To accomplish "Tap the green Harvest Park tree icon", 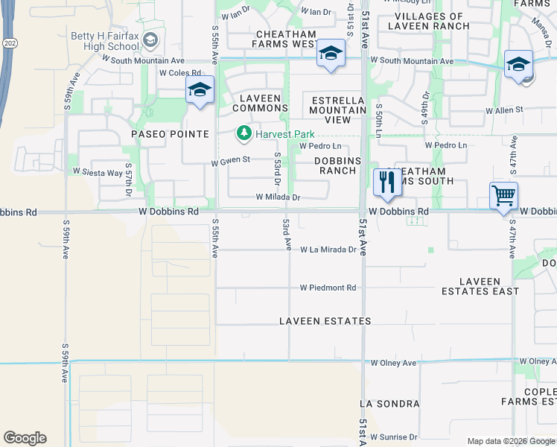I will [x=244, y=134].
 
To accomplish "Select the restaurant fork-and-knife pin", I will [x=386, y=183].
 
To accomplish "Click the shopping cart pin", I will [x=504, y=196].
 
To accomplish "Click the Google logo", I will [x=25, y=438].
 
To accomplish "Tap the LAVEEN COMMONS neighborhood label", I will [x=260, y=103].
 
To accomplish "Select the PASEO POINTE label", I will [x=170, y=134].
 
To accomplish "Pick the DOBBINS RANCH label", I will [x=338, y=165].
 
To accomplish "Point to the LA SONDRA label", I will [x=389, y=404].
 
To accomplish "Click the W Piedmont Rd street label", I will [x=328, y=288].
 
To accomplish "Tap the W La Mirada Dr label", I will [x=328, y=250].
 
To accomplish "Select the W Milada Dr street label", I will [x=278, y=197].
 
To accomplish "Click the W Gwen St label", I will [x=230, y=160].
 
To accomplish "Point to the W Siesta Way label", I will [x=98, y=172].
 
